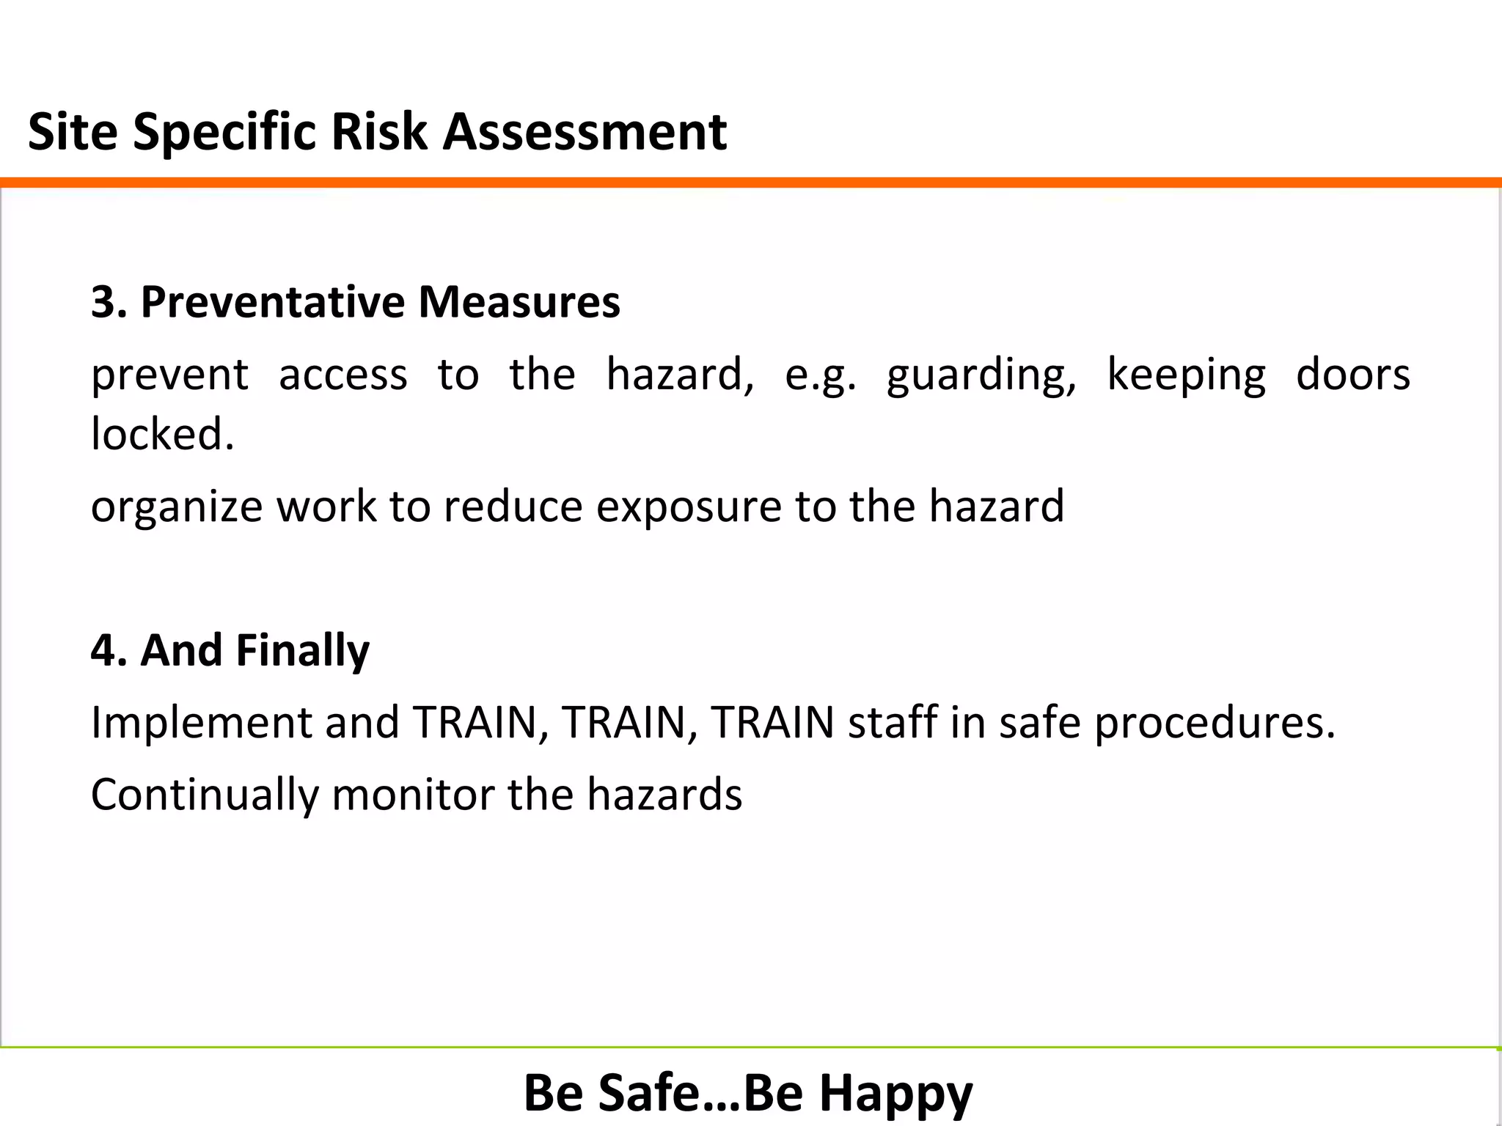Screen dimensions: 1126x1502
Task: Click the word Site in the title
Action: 73,132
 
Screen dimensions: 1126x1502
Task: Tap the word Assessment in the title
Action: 585,132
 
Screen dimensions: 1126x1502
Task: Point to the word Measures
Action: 519,302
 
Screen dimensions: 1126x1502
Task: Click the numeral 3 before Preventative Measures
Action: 103,302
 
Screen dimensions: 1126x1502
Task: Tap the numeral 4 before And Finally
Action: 103,650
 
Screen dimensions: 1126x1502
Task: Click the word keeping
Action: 1186,375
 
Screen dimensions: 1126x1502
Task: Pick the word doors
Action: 1352,374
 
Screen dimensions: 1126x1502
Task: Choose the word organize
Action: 177,507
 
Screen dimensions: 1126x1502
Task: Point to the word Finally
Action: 303,650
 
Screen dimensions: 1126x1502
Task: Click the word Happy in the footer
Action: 895,1093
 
